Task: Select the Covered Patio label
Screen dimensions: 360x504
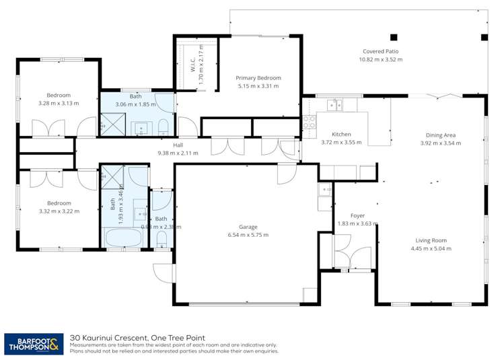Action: pyautogui.click(x=380, y=51)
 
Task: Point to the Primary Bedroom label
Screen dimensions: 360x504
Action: pyautogui.click(x=259, y=78)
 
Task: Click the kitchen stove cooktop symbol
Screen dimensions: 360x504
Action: pyautogui.click(x=310, y=122)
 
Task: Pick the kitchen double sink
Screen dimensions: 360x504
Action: pyautogui.click(x=334, y=104)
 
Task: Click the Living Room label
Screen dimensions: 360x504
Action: pyautogui.click(x=430, y=240)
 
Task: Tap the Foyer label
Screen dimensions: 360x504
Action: pyautogui.click(x=357, y=215)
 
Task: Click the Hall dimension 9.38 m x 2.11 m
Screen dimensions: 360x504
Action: pyautogui.click(x=178, y=153)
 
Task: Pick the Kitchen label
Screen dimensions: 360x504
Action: pyautogui.click(x=341, y=134)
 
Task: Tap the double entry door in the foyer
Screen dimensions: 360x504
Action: pyautogui.click(x=351, y=255)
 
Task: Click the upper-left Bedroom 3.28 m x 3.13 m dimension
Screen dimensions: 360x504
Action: pyautogui.click(x=58, y=104)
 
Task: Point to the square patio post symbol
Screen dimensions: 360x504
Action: pyautogui.click(x=394, y=37)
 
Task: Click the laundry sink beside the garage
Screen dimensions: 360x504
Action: pyautogui.click(x=326, y=190)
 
